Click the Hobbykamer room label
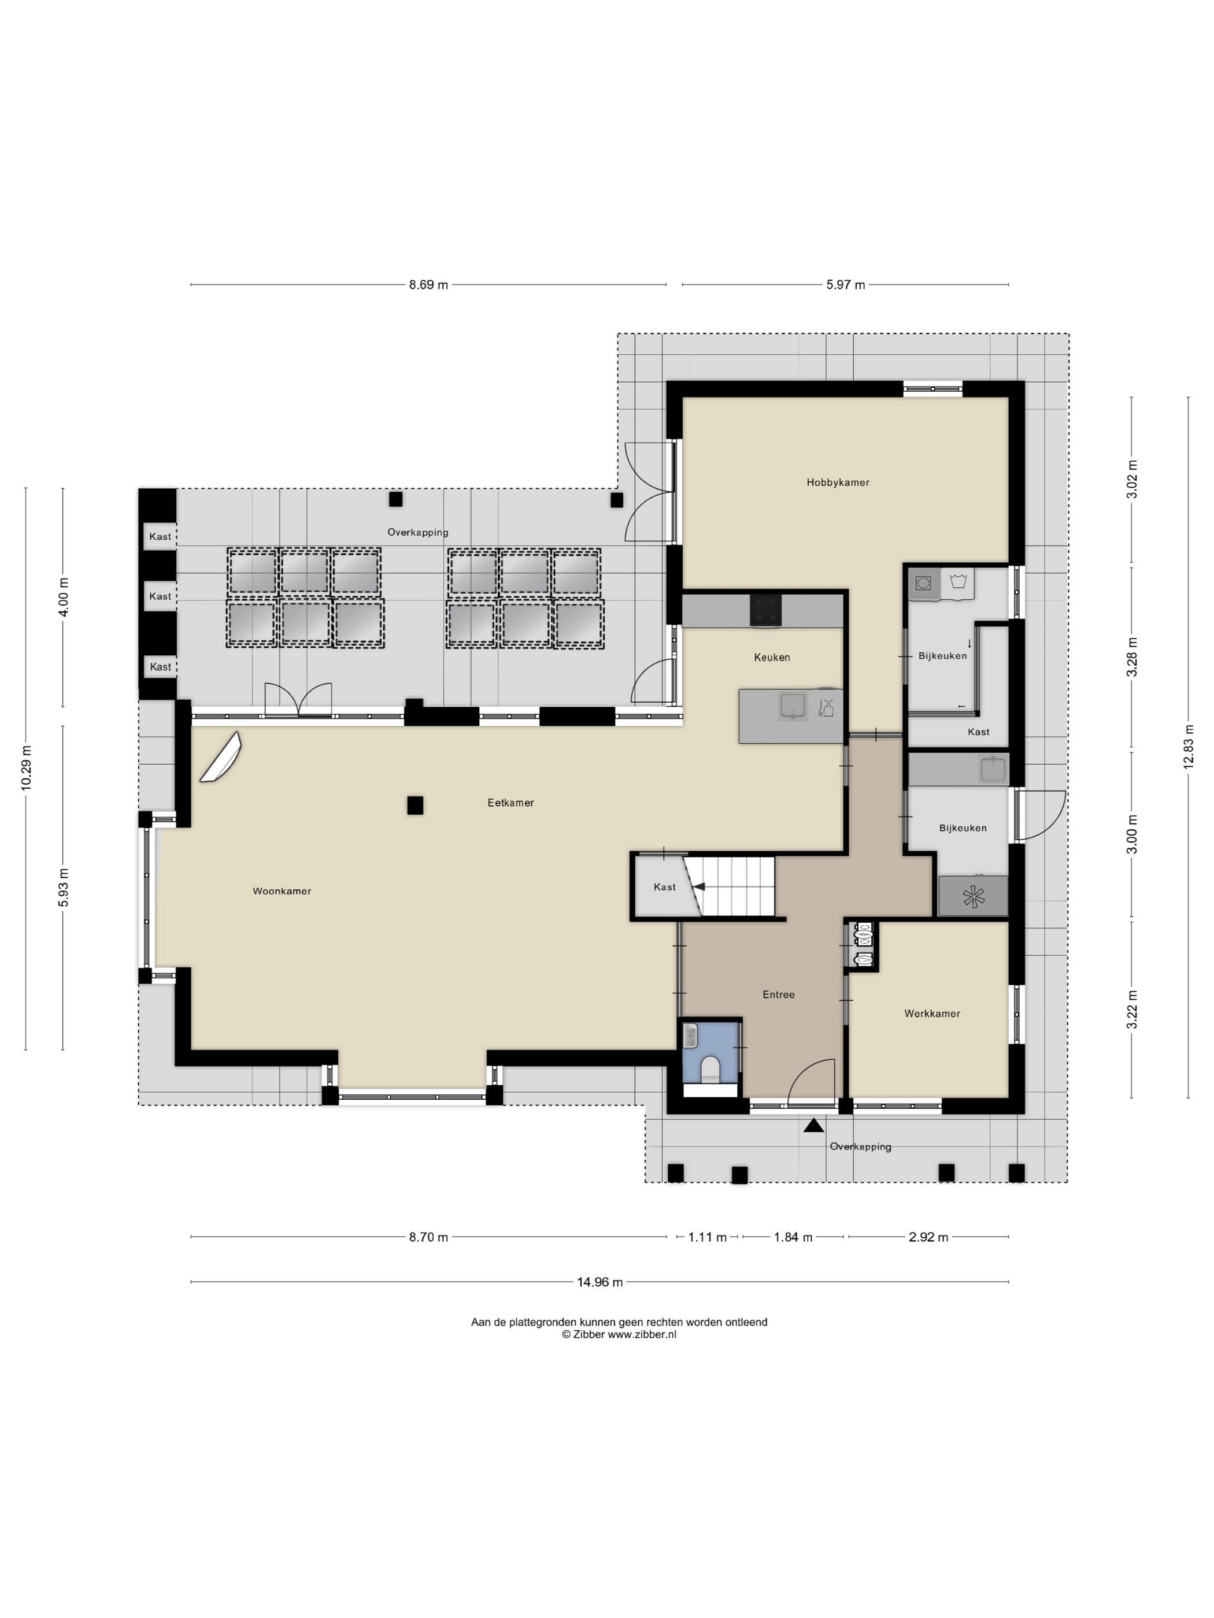pos(837,482)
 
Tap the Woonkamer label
pos(282,891)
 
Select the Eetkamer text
pos(510,803)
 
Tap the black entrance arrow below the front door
pos(812,1126)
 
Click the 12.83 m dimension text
pos(1187,746)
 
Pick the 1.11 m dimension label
pos(707,1237)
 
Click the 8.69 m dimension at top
pos(428,284)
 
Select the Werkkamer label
pos(931,1013)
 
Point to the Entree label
pos(778,994)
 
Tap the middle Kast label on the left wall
pos(160,596)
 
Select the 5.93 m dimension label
pos(63,887)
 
